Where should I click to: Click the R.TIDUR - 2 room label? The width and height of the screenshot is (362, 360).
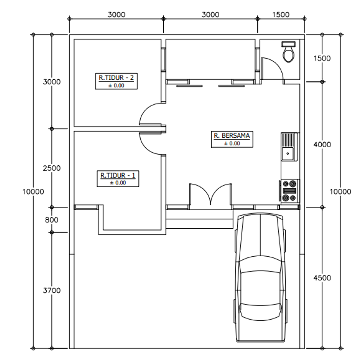[116, 81]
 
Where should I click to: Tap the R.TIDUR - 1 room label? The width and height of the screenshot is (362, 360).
[118, 178]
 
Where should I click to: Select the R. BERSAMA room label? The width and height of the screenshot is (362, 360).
[232, 139]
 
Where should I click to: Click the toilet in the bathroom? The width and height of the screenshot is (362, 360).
[288, 52]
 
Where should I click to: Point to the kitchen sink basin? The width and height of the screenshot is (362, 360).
[287, 154]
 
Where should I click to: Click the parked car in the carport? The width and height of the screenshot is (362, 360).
[260, 278]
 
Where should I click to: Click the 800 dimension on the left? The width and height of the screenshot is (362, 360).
[52, 220]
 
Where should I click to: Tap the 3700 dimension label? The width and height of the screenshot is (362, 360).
[52, 290]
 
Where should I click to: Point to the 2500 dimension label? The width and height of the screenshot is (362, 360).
[52, 168]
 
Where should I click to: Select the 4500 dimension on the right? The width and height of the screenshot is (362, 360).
[322, 278]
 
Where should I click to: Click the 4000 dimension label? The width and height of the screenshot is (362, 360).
[322, 145]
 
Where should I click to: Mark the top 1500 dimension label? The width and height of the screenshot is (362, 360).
[281, 15]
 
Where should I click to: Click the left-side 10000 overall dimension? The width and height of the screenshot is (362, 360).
[33, 192]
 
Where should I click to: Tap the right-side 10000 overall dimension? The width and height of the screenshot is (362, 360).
[340, 192]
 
